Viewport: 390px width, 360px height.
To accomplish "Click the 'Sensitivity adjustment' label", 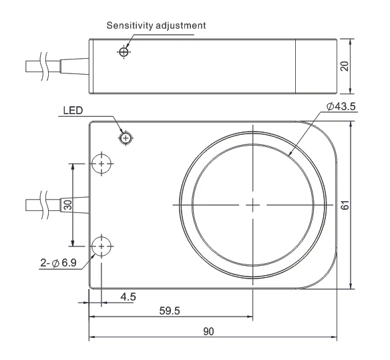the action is pos(156,25).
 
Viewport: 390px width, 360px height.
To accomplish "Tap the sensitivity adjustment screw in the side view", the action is pos(124,52).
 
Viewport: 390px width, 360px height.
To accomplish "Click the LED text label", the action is pos(73,110).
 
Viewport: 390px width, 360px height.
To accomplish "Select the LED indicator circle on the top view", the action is pos(126,138).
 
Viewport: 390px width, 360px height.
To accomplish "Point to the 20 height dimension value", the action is pos(345,66).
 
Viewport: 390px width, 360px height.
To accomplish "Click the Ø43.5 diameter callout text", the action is pos(341,106).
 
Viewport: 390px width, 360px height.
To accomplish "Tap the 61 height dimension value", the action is pos(345,205).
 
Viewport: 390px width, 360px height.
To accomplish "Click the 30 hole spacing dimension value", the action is pos(67,205).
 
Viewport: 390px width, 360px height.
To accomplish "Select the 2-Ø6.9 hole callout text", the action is pos(59,262).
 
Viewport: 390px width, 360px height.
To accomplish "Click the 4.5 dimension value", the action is pos(128,297).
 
